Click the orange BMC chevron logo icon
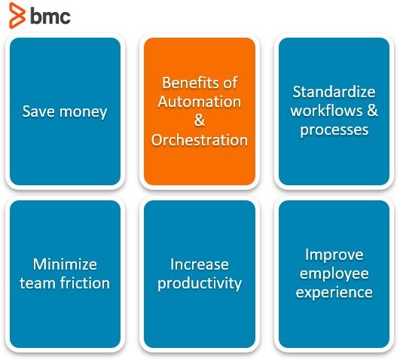[17, 15]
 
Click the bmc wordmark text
[50, 16]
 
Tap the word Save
[38, 111]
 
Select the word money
[83, 112]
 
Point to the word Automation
[200, 102]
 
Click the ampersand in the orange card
[199, 121]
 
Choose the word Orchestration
[200, 140]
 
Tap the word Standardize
[334, 92]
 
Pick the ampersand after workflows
[373, 111]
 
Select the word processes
[334, 130]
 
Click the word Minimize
[65, 264]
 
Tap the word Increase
[200, 264]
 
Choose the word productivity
[200, 284]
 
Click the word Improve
[334, 255]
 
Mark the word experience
[334, 293]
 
